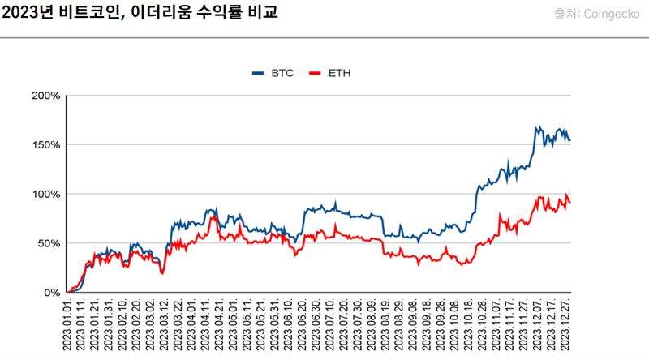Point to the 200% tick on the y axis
pos(46,96)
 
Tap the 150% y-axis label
pos(46,145)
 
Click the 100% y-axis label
pos(46,195)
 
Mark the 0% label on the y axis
pos(52,293)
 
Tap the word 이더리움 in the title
pos(161,14)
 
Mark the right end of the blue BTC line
pos(569,141)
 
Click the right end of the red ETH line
pos(569,202)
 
